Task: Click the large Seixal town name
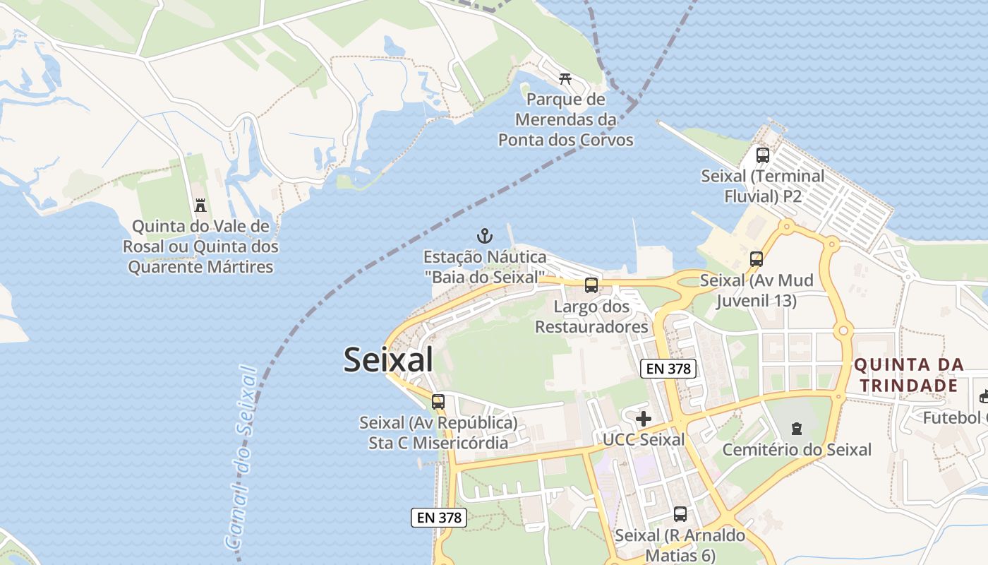(x=388, y=360)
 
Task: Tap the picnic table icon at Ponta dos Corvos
(x=565, y=78)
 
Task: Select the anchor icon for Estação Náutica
(x=484, y=235)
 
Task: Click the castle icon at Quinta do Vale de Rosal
(x=200, y=206)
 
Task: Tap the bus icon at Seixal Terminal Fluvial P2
(x=762, y=155)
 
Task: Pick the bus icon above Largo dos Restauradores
(x=591, y=285)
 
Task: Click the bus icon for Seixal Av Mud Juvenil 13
(x=757, y=259)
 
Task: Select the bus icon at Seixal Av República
(x=438, y=402)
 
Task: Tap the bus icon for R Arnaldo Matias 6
(x=680, y=514)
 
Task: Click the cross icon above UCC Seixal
(x=644, y=419)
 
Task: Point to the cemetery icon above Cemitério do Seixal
(x=797, y=429)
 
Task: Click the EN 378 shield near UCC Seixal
(x=668, y=368)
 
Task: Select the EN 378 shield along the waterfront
(x=438, y=518)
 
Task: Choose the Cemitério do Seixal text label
(x=797, y=450)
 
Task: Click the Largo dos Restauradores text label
(x=591, y=317)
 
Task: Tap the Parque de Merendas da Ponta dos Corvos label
(x=565, y=119)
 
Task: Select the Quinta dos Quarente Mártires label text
(x=200, y=247)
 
